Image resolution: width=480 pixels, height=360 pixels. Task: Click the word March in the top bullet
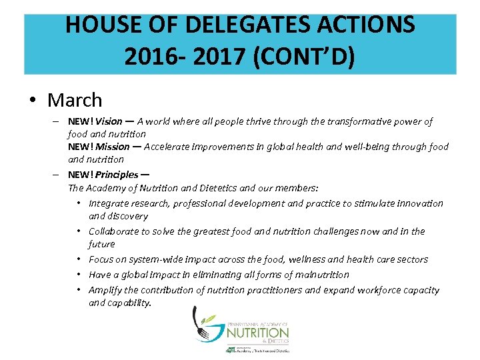click(x=75, y=101)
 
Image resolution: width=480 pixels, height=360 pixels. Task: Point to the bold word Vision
click(x=109, y=121)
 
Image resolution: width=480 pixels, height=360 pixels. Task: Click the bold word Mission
click(x=113, y=147)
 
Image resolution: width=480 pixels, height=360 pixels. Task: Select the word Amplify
click(x=105, y=290)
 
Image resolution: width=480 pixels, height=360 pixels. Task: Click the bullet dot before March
click(x=32, y=101)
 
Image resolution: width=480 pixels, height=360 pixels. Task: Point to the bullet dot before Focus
click(x=79, y=259)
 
